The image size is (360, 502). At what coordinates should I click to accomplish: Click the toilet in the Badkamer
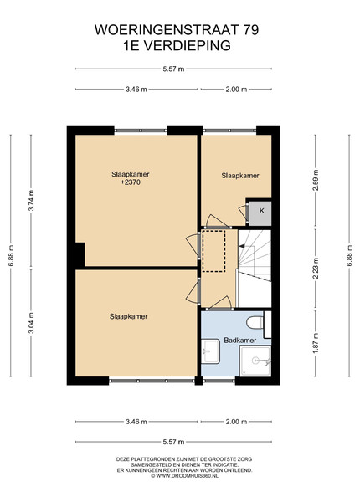(x=255, y=323)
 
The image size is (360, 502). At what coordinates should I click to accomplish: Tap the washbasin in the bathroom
(x=210, y=351)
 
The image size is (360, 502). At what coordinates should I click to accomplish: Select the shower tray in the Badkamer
(x=255, y=361)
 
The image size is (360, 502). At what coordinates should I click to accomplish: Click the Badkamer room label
(x=240, y=341)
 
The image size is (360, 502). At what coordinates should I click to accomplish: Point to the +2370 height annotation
(x=131, y=182)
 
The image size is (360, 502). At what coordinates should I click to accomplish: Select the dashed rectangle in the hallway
(x=214, y=251)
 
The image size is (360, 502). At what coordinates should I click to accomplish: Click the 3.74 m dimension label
(x=31, y=201)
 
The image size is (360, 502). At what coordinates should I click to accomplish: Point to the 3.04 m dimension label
(x=31, y=323)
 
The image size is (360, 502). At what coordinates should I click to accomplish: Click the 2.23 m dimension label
(x=316, y=268)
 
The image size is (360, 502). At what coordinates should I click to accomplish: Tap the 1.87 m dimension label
(x=316, y=344)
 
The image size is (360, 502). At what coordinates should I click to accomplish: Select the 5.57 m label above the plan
(x=173, y=69)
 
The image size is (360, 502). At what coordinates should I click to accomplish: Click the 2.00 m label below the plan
(x=236, y=422)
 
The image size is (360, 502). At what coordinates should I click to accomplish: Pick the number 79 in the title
(x=251, y=30)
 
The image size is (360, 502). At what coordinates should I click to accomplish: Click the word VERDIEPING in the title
(x=186, y=45)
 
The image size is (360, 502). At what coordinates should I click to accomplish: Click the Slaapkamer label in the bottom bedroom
(x=128, y=316)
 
